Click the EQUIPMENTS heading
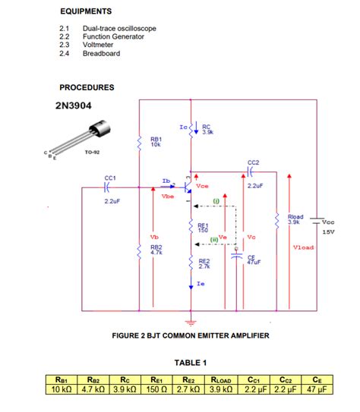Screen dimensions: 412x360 [x=85, y=11]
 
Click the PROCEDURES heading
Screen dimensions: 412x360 [x=87, y=87]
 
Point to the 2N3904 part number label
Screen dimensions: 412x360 [x=74, y=105]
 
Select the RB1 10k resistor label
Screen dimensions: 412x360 [x=156, y=142]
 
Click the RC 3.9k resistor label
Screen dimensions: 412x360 [x=207, y=130]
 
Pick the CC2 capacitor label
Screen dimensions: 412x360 [x=254, y=162]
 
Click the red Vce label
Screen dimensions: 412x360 [x=202, y=186]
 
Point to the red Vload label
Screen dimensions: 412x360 [x=303, y=247]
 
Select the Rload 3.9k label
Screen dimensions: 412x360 [x=295, y=220]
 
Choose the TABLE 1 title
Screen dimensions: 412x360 [x=191, y=362]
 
